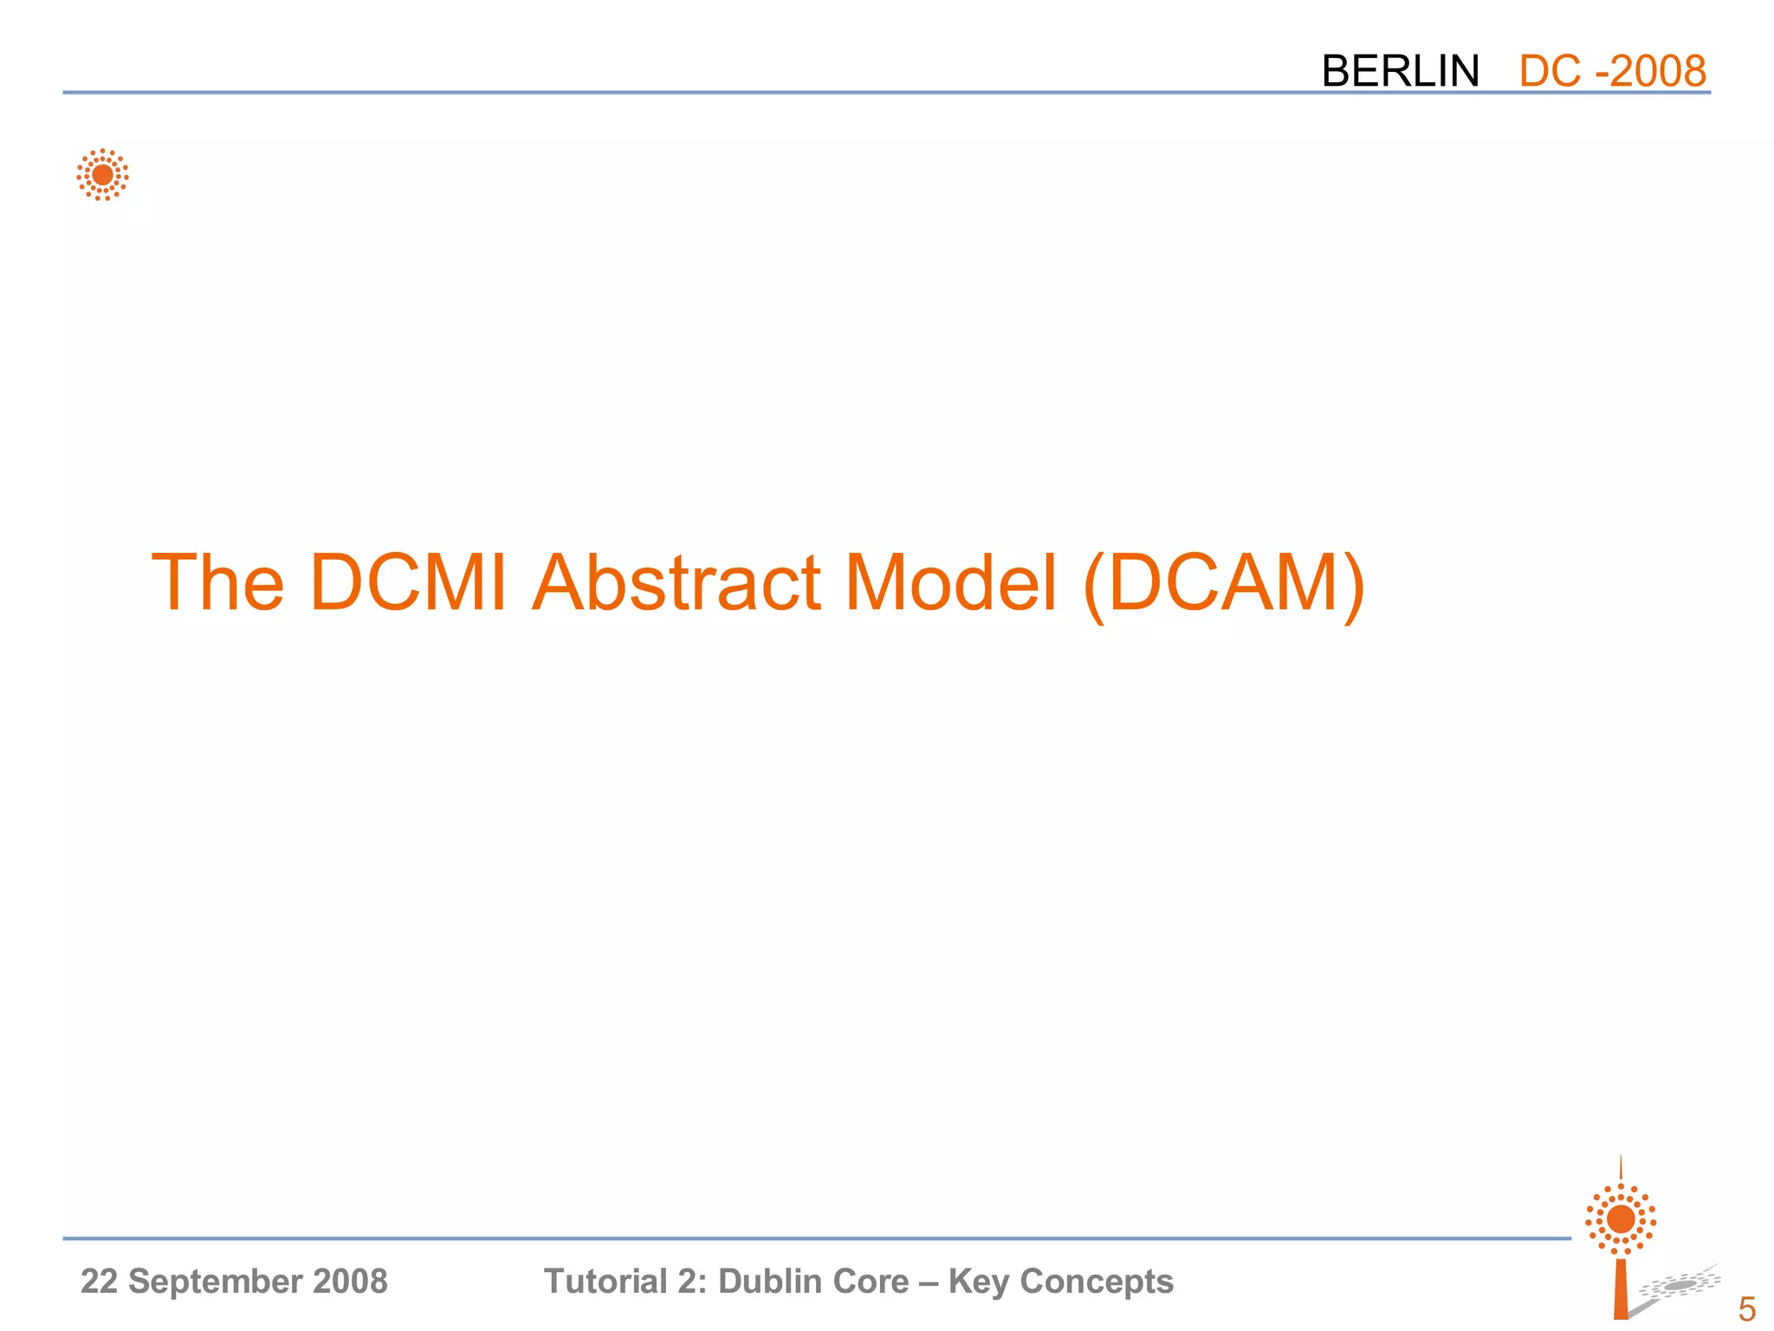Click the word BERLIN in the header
coord(1400,71)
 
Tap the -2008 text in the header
coord(1651,71)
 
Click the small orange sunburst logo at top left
coord(102,175)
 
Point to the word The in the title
coord(217,582)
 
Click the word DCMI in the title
coord(407,582)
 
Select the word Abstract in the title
coord(676,582)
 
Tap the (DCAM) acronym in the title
coord(1224,584)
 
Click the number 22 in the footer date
coord(98,1282)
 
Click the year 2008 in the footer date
coord(351,1282)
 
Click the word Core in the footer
coord(874,1282)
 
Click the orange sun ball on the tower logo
coord(1621,1219)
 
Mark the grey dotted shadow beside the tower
coord(1679,1286)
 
